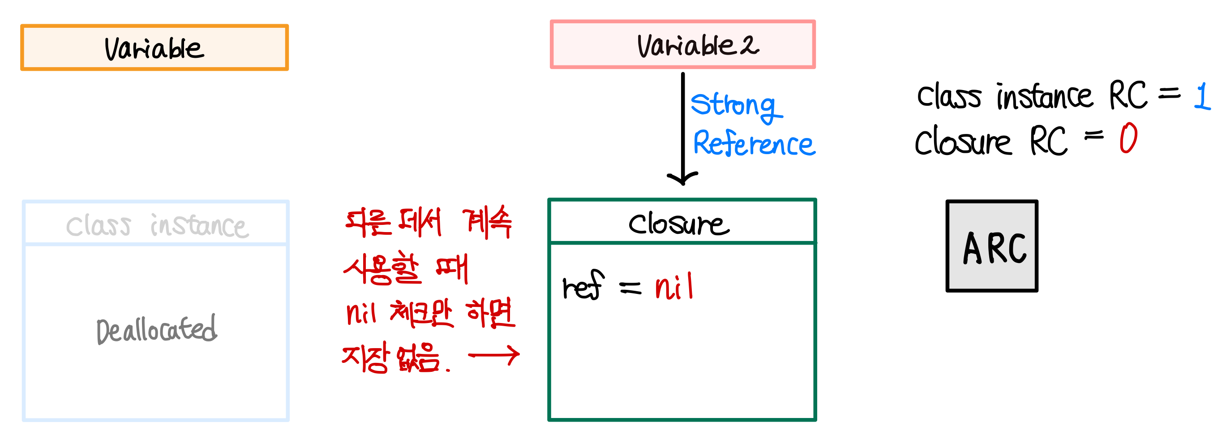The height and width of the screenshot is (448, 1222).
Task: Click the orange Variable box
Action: tap(154, 47)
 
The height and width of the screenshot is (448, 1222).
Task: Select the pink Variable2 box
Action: tap(682, 45)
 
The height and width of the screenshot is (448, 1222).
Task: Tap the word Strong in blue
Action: tap(733, 105)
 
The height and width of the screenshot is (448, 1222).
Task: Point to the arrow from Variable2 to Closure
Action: tap(682, 128)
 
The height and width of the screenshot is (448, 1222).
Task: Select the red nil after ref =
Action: tap(674, 287)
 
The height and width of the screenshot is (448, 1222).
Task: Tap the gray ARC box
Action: tap(992, 246)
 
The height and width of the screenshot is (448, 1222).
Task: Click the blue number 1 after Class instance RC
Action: tap(1201, 96)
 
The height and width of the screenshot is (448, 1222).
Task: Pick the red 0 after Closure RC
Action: tap(1128, 138)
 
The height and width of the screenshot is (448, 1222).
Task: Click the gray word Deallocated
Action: tap(157, 329)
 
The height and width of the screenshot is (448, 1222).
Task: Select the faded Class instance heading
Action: tap(157, 225)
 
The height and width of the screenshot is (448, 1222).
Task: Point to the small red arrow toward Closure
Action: tap(493, 355)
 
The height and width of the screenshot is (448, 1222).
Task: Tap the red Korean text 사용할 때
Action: tap(406, 269)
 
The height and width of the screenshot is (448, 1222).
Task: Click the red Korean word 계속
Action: tap(488, 222)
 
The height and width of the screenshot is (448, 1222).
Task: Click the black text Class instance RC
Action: tap(1032, 96)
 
